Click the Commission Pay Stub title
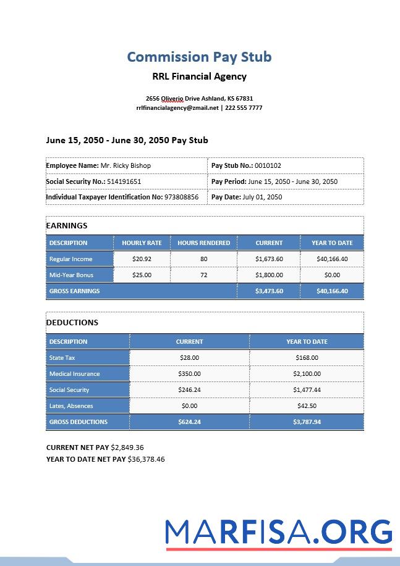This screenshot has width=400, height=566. tap(199, 57)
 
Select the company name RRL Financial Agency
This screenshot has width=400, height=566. tap(199, 77)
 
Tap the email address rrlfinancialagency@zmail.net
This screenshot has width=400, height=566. tap(177, 107)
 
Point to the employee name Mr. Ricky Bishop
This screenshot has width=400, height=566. tap(126, 165)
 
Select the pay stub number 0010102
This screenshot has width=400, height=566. tap(268, 165)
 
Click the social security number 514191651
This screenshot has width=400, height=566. tap(124, 181)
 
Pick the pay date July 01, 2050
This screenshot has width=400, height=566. tap(262, 198)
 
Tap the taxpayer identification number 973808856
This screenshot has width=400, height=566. tap(181, 198)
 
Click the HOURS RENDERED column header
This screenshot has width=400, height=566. tap(203, 243)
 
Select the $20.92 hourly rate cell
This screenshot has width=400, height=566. tap(142, 259)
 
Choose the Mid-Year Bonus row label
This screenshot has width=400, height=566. tap(71, 275)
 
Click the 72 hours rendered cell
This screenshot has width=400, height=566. tap(203, 275)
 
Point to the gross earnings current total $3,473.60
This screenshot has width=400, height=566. tap(269, 291)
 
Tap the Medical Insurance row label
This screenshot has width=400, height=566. tap(74, 374)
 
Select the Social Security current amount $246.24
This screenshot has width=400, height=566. tap(189, 390)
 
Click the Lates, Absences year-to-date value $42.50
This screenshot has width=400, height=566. tap(307, 406)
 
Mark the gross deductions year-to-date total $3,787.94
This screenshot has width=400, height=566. tap(307, 422)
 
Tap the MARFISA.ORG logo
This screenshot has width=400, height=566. tap(278, 532)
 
